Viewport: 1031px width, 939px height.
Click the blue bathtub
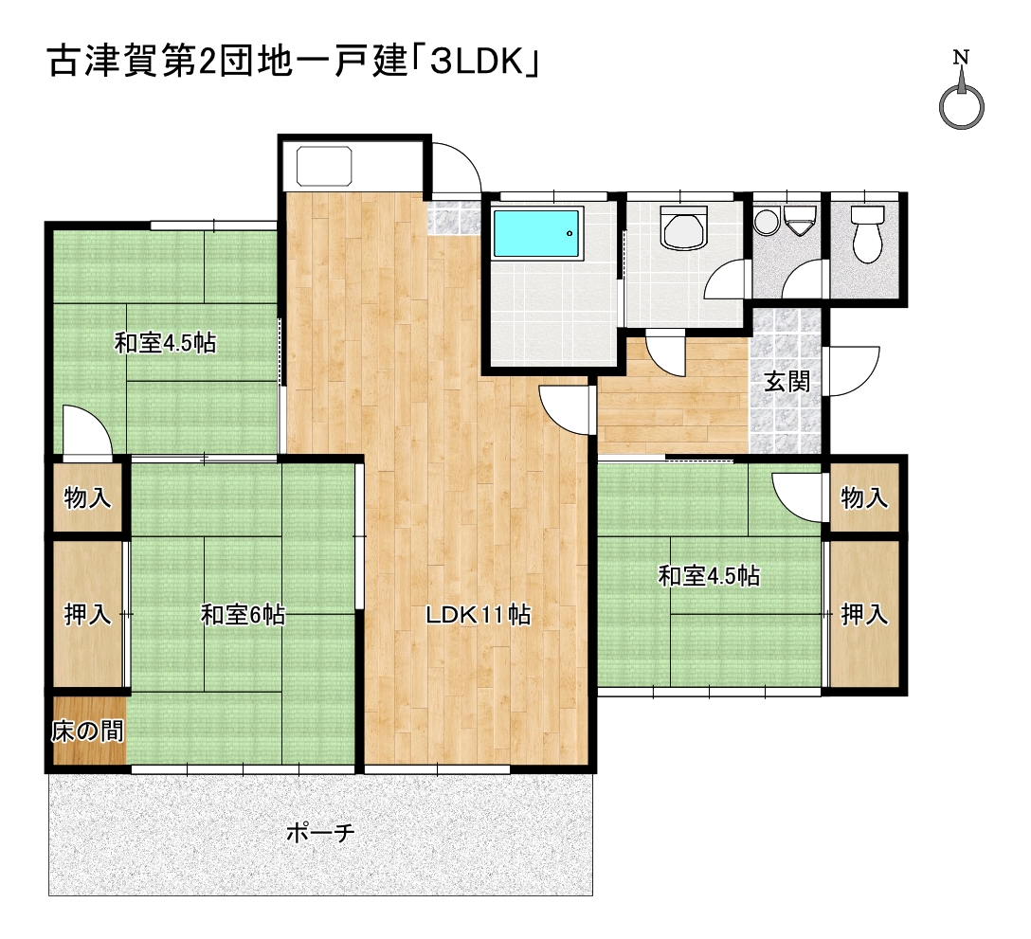538,233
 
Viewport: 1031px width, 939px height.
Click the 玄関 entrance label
787,382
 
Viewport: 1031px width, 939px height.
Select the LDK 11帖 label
478,615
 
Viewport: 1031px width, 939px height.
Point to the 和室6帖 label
244,616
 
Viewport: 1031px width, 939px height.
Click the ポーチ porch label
320,833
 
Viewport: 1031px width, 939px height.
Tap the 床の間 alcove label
87,731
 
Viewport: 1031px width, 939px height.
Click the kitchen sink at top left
324,167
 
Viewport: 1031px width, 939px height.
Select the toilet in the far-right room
867,235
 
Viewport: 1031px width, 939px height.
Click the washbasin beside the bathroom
684,228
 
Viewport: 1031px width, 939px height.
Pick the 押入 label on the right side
864,615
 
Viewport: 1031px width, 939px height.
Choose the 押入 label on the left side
87,615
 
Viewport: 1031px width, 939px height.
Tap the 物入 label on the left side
87,498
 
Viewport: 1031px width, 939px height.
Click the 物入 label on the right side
864,497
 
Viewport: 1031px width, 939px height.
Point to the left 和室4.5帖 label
165,343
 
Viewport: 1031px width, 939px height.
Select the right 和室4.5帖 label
709,576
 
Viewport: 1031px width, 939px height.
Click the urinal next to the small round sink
800,222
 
